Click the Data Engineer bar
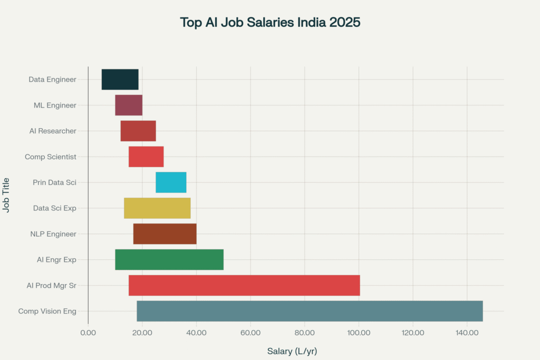[120, 79]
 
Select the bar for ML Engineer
[129, 105]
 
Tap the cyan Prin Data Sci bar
[171, 182]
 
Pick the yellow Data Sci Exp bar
[157, 208]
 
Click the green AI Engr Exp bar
[169, 259]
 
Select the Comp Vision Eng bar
[310, 311]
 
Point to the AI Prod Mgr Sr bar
[244, 285]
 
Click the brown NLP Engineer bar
[165, 233]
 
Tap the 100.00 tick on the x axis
[359, 333]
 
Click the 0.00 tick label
[88, 333]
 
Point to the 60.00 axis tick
[250, 333]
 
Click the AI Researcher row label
[53, 131]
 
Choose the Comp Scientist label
[51, 157]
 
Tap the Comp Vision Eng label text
[47, 311]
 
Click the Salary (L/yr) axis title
[292, 351]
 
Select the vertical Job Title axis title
[7, 195]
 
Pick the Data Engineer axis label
[52, 79]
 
